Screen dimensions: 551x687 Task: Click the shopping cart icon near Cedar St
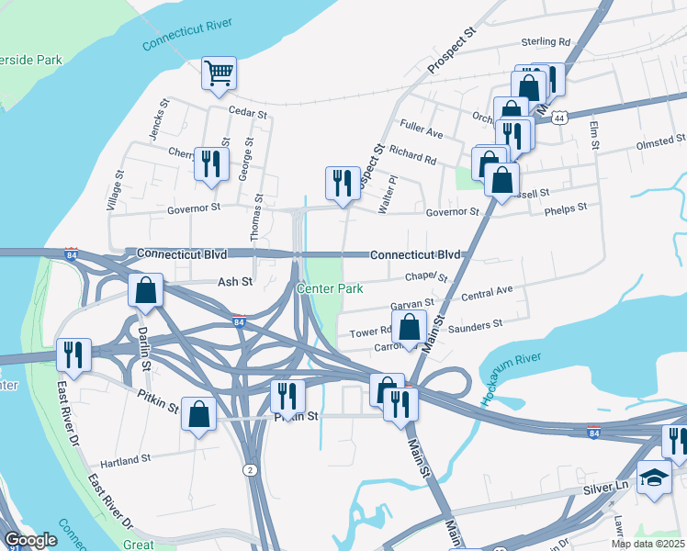pos(219,73)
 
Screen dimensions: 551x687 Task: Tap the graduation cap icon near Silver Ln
pos(653,478)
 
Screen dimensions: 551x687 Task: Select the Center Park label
pos(330,288)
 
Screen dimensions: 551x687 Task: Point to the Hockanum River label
pos(511,379)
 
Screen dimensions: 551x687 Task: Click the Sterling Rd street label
pos(546,42)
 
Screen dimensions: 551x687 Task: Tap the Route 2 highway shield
pos(250,470)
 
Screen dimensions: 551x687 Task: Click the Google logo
pos(30,540)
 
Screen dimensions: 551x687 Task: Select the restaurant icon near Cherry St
pos(211,163)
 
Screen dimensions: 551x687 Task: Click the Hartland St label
pos(124,459)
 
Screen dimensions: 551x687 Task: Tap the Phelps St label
pos(565,208)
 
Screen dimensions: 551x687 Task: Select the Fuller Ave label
pos(422,129)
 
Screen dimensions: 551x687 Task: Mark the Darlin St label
pos(144,344)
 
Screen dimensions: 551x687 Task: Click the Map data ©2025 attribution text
pos(647,544)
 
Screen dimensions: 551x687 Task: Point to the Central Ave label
pos(487,295)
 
